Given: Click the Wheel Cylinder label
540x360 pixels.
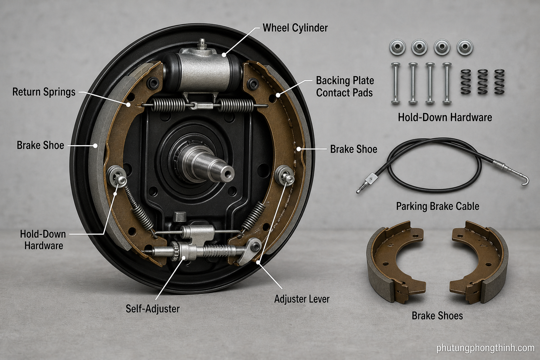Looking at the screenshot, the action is pos(295,28).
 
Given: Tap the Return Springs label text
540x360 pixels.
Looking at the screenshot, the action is pos(44,92).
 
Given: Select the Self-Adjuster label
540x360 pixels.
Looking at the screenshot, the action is pos(153,309).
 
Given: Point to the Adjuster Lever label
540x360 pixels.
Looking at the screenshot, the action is pos(302,299).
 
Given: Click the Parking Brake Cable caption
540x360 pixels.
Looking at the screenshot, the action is pos(438,206).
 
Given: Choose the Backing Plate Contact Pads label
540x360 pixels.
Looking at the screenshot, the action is pos(345,86).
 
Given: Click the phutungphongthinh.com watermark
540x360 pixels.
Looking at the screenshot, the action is pos(486,348).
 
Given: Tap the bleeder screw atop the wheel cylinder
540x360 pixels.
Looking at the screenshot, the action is pos(201,44).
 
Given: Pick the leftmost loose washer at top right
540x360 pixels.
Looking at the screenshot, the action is pos(397,47).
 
